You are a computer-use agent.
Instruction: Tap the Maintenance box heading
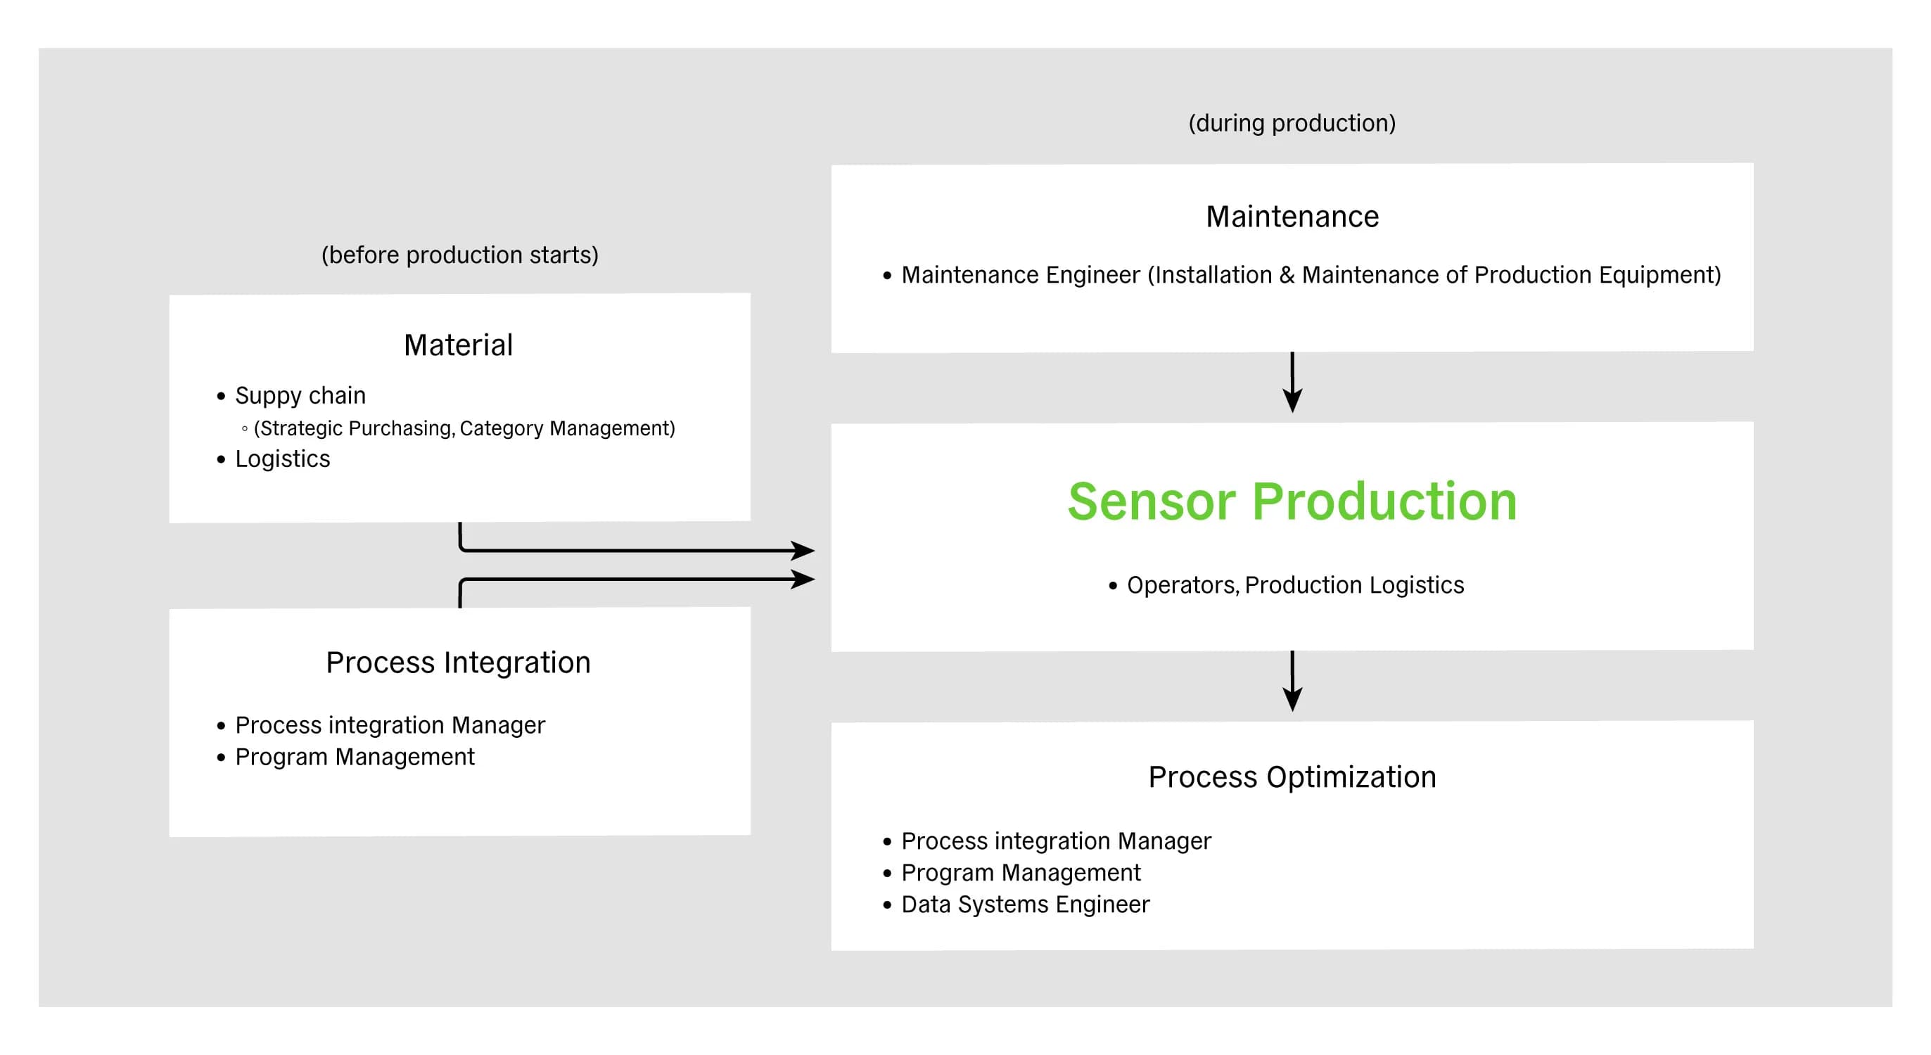(x=1292, y=217)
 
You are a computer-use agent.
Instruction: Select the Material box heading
(x=458, y=345)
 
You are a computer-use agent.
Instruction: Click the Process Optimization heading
(x=1292, y=777)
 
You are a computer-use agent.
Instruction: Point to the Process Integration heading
(x=458, y=663)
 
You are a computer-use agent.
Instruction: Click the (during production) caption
(x=1292, y=123)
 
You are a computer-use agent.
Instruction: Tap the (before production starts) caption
(x=459, y=255)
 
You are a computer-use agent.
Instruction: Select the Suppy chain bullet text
(x=300, y=395)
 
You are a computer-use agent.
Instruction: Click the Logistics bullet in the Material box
(x=283, y=459)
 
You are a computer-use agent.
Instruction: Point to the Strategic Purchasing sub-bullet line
(x=464, y=428)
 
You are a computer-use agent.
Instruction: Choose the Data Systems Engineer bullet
(x=1025, y=904)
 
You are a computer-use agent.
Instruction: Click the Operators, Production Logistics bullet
(x=1295, y=584)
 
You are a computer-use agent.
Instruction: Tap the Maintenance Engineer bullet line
(x=1311, y=275)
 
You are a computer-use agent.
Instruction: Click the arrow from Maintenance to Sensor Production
(x=1292, y=382)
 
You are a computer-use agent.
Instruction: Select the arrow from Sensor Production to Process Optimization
(x=1292, y=681)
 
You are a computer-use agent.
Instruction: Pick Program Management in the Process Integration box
(x=355, y=757)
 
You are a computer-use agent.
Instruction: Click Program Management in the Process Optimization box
(x=1021, y=873)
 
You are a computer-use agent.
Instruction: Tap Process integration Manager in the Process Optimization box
(x=1056, y=840)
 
